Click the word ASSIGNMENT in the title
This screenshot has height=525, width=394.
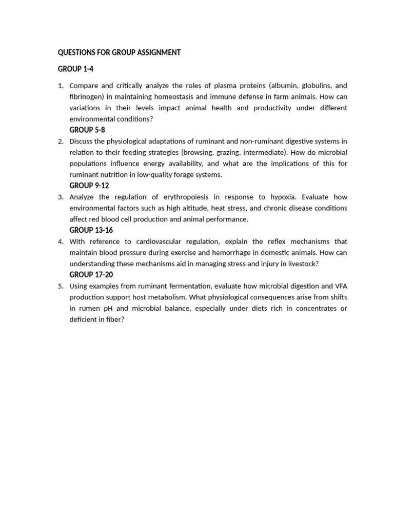(x=158, y=53)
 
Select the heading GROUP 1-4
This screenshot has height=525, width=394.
(x=75, y=69)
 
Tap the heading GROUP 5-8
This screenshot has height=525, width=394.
(x=87, y=130)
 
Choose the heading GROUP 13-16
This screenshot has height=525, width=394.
(x=91, y=230)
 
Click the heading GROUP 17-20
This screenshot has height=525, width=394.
(x=91, y=275)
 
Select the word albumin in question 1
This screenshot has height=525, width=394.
(x=274, y=86)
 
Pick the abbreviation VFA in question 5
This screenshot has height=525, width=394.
(x=340, y=286)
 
